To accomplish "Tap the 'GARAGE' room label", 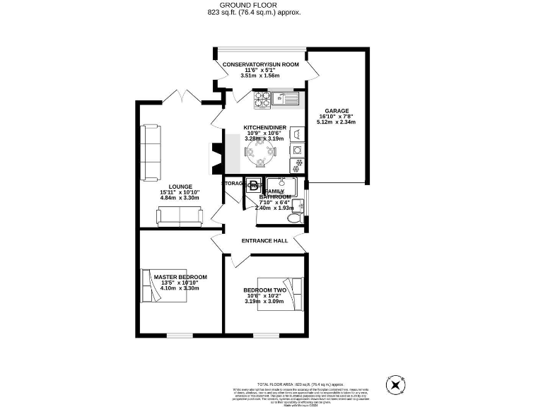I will (336, 111).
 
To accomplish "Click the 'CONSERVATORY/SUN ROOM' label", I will (260, 64).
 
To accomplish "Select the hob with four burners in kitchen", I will (260, 100).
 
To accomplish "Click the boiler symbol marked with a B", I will (252, 187).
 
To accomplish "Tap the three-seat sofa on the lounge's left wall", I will (149, 152).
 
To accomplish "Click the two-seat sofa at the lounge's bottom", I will (179, 218).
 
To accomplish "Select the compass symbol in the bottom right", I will (395, 386).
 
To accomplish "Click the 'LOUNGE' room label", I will (180, 187).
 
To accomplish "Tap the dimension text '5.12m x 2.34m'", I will (336, 122).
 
